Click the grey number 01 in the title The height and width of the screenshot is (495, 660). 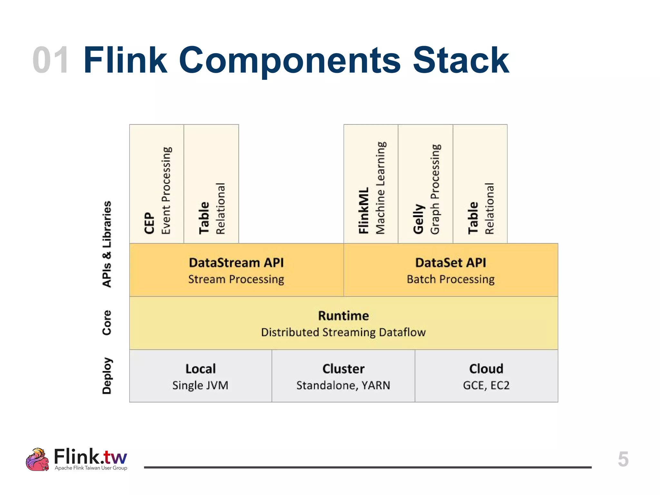(51, 60)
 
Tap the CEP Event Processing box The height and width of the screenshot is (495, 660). (157, 184)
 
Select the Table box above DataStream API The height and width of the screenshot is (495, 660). (211, 184)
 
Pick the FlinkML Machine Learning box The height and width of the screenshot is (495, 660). (371, 184)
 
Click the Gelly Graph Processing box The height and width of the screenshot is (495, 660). (425, 184)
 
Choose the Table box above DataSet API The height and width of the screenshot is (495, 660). (480, 184)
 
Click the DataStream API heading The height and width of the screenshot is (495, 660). (236, 263)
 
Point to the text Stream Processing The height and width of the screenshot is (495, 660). (236, 279)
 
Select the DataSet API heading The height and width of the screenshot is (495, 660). (451, 263)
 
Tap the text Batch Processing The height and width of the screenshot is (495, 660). (451, 279)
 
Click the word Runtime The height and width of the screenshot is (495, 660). (344, 315)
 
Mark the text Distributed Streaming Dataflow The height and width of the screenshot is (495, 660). (344, 332)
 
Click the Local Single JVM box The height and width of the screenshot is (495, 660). (200, 376)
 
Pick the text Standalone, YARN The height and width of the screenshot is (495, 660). (344, 385)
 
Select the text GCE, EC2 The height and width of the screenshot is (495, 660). (486, 385)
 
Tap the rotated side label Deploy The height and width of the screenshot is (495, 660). (107, 376)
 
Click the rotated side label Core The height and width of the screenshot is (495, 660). (107, 323)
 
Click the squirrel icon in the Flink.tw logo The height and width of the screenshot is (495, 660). (37, 460)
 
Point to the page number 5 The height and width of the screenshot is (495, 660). (623, 459)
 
